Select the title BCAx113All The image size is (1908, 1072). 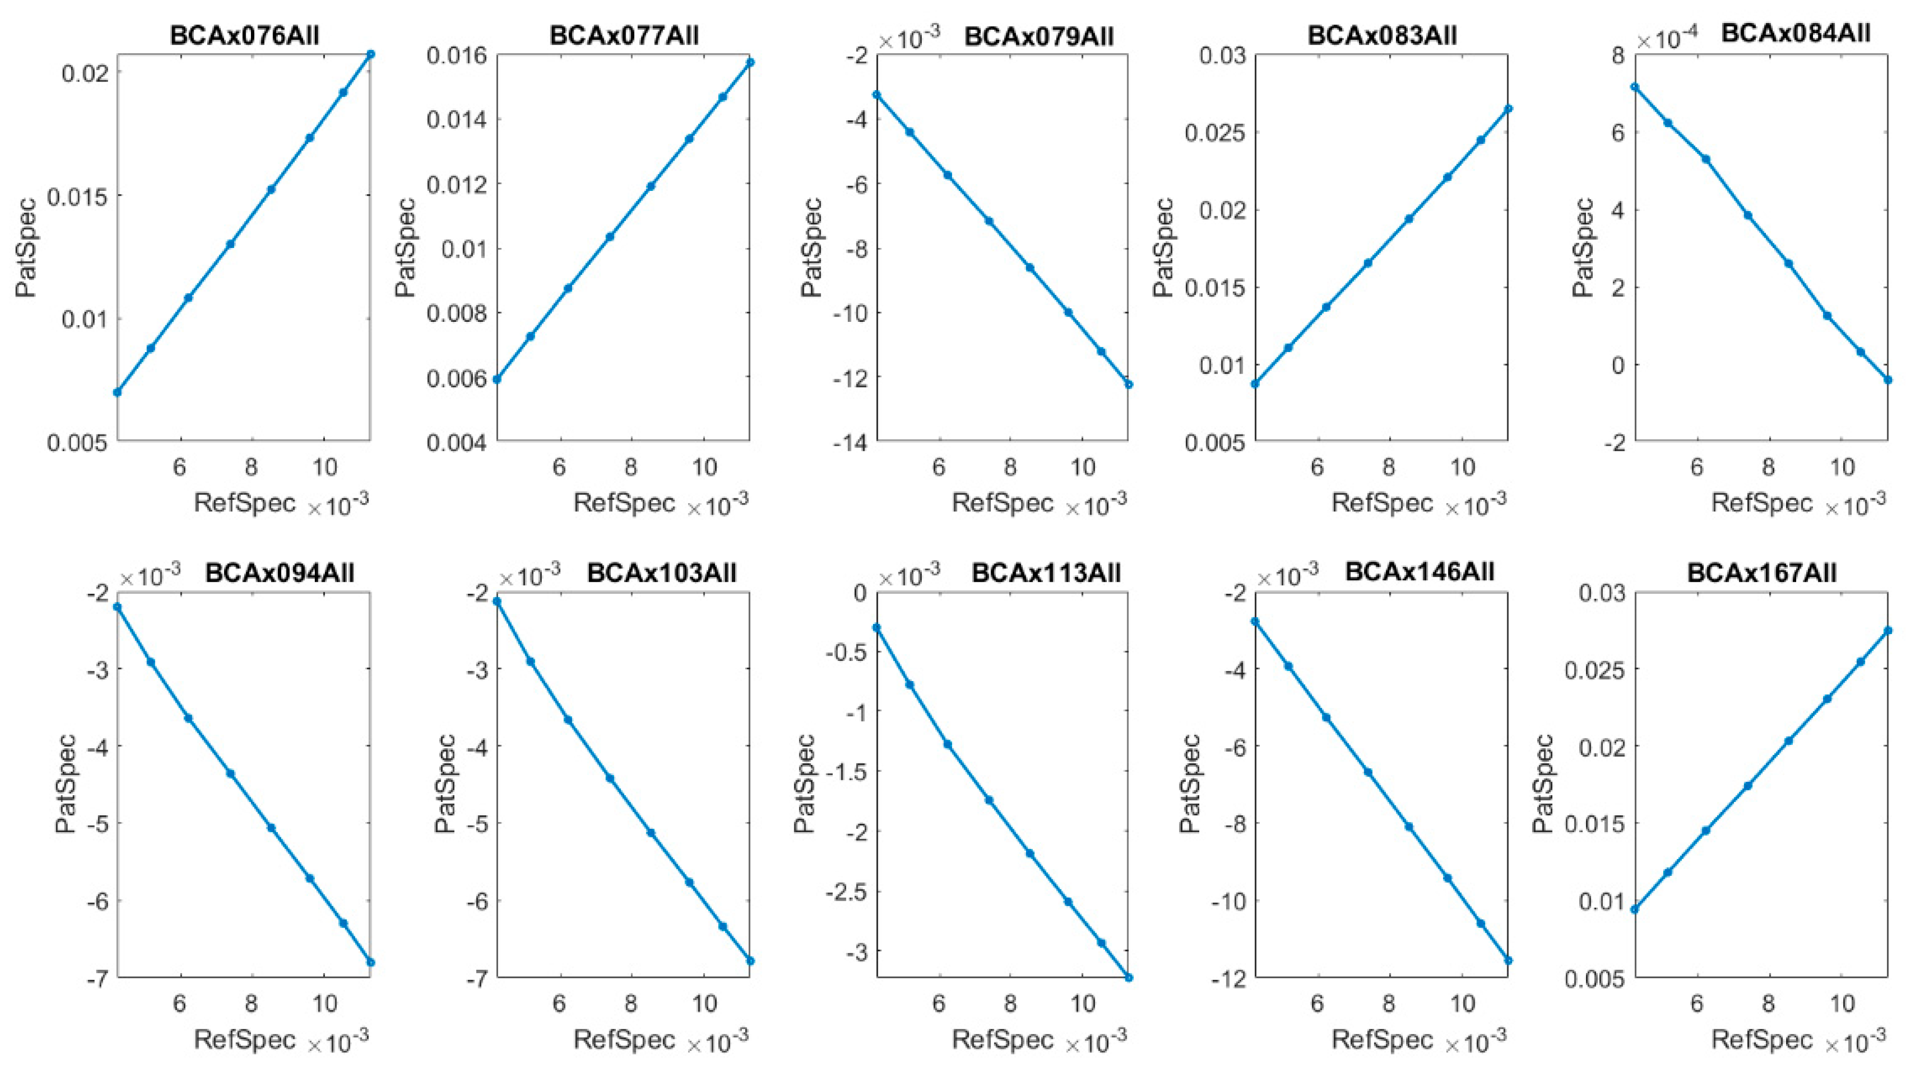(x=1046, y=573)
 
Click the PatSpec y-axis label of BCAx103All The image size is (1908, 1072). (x=446, y=785)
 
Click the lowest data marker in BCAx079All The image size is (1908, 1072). (x=1129, y=384)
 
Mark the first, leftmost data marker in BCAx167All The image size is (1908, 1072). (x=1634, y=909)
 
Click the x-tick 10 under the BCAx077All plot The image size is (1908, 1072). (x=704, y=467)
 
